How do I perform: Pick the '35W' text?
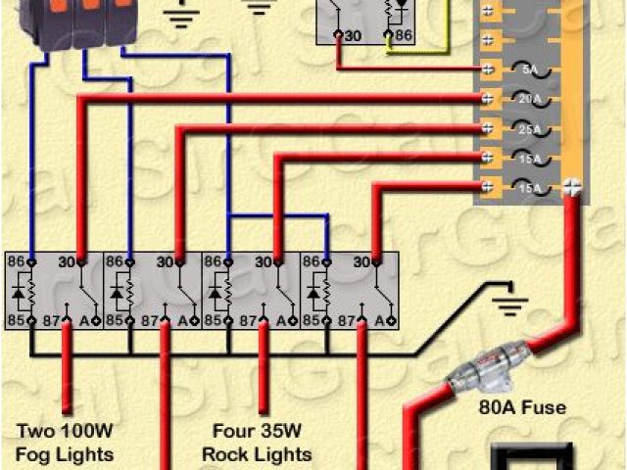(279, 432)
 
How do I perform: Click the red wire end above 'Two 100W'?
(68, 411)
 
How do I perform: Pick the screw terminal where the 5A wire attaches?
(487, 70)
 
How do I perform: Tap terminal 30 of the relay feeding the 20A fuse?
(82, 261)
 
